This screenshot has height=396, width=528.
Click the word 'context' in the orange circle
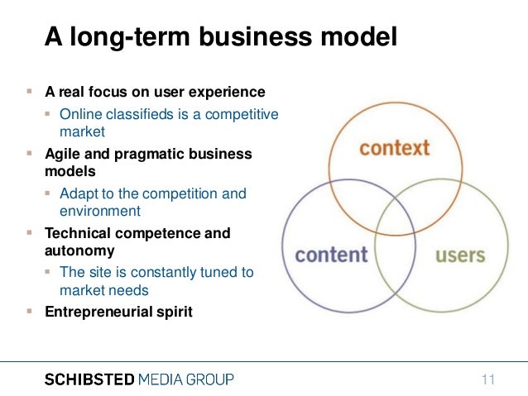(395, 149)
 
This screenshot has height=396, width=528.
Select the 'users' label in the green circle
(459, 254)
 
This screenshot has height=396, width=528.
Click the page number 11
(487, 379)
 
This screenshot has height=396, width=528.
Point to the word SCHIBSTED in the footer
(89, 379)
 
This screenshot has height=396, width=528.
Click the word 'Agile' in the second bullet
(61, 155)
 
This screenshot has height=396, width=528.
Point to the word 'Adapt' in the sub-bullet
(79, 193)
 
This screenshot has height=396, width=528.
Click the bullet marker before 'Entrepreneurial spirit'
(29, 312)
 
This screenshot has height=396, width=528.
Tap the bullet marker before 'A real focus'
(29, 92)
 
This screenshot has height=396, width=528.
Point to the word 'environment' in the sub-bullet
(99, 211)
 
